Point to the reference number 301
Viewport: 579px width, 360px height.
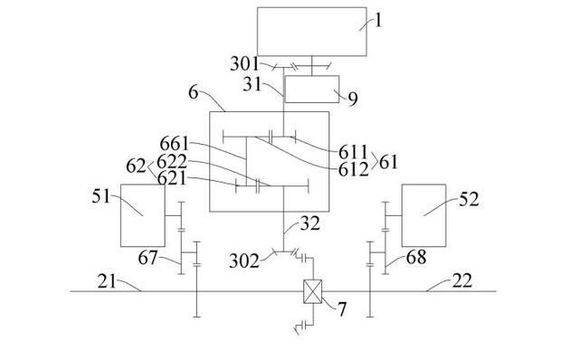[x=245, y=63]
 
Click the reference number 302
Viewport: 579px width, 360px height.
[x=244, y=261]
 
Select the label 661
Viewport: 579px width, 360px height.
[x=175, y=143]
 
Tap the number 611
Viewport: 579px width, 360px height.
[x=354, y=152]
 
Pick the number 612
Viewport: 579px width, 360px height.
[x=354, y=169]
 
